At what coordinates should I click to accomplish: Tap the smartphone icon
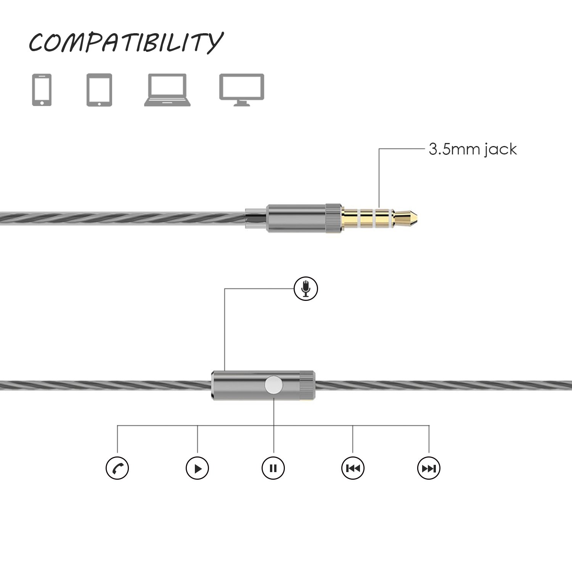coord(42,90)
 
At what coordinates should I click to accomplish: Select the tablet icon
coord(99,90)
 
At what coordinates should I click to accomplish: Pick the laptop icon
coord(167,90)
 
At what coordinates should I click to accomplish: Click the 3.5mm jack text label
coord(472,149)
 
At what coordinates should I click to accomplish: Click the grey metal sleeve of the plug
coord(296,219)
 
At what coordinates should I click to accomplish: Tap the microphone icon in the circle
coord(306,289)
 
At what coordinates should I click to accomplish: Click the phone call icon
coord(117,468)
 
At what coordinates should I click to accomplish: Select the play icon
coord(197,468)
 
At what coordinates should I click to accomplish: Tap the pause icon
coord(273,468)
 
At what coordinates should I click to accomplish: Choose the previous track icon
coord(353,468)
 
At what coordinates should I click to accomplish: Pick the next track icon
coord(429,468)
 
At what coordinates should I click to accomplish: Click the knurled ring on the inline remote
coord(307,385)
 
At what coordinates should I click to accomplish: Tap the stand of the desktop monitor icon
coord(242,103)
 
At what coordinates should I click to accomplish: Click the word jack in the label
coord(501,149)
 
